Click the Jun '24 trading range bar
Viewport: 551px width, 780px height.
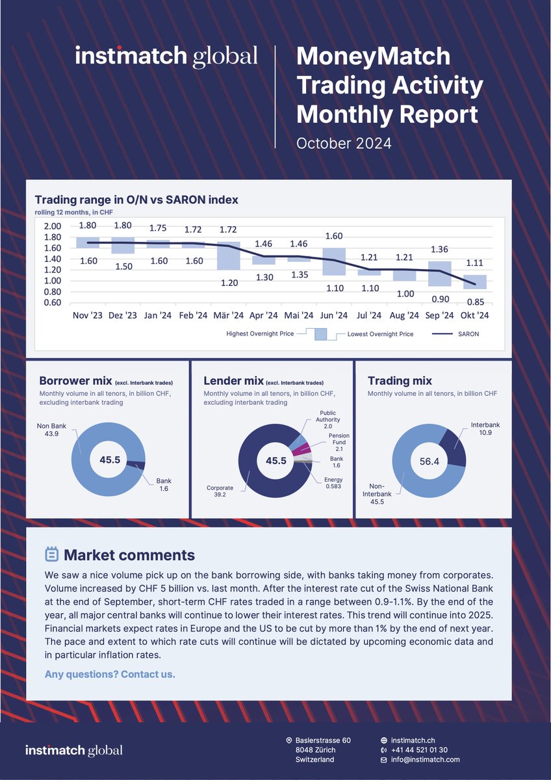[x=334, y=261]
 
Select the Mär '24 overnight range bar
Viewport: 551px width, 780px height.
[x=228, y=255]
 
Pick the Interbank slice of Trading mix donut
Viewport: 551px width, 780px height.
[x=454, y=449]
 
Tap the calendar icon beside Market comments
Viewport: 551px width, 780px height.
[x=51, y=554]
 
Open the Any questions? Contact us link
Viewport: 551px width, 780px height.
[x=110, y=674]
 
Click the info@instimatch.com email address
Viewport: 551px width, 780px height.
[x=425, y=759]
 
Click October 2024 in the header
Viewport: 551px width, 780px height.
[x=344, y=143]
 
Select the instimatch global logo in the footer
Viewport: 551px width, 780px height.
[x=73, y=750]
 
